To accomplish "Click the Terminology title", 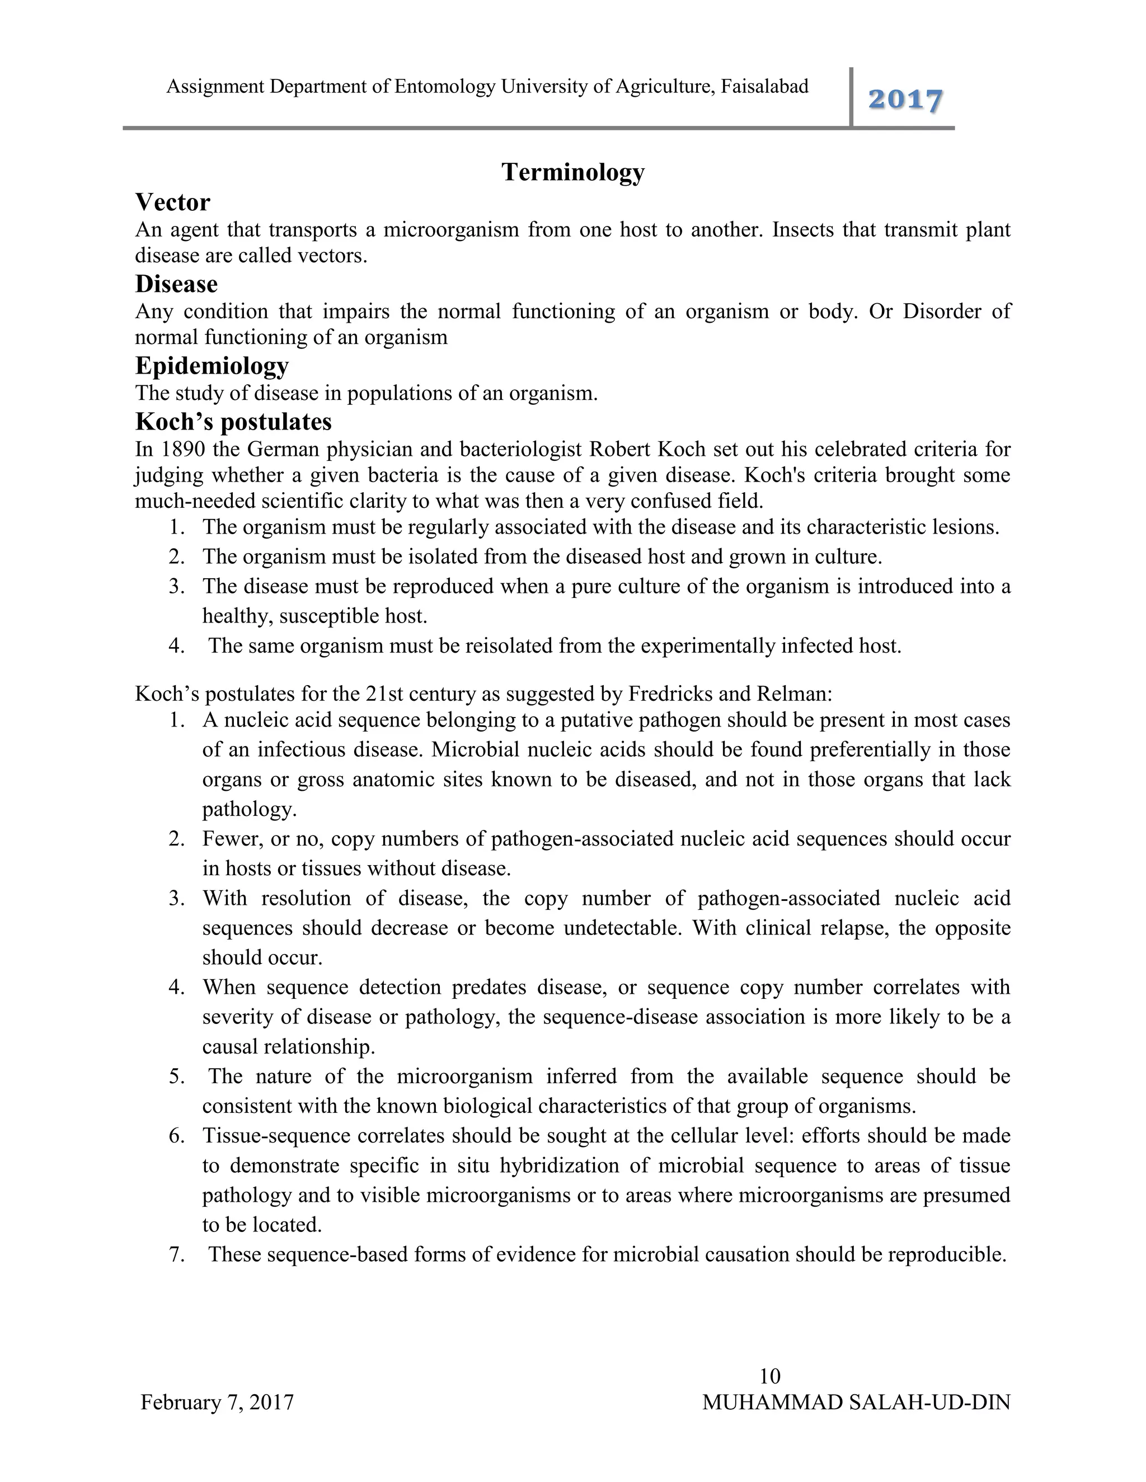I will pos(573,172).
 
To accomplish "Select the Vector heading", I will pos(172,202).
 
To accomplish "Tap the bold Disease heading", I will pos(176,284).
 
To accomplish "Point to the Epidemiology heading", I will pos(212,366).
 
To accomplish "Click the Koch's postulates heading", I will pos(233,422).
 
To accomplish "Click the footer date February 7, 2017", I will pos(217,1402).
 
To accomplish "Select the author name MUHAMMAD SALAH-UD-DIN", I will pos(856,1402).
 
